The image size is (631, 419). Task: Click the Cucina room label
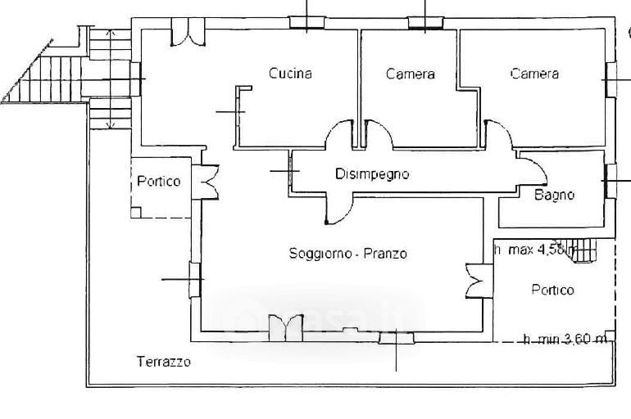pos(290,74)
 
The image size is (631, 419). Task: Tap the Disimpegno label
pos(371,173)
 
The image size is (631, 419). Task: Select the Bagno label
pos(554,195)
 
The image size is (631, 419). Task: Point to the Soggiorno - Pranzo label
pos(347,254)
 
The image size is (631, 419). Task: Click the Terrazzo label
pos(164,361)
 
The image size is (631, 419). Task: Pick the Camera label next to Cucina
pos(410,74)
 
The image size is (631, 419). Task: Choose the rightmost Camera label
pos(534,74)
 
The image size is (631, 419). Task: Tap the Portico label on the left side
pos(158,182)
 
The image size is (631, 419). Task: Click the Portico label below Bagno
pos(552,290)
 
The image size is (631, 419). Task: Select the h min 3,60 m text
pos(565,339)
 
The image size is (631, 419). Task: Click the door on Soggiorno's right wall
pos(475,282)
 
